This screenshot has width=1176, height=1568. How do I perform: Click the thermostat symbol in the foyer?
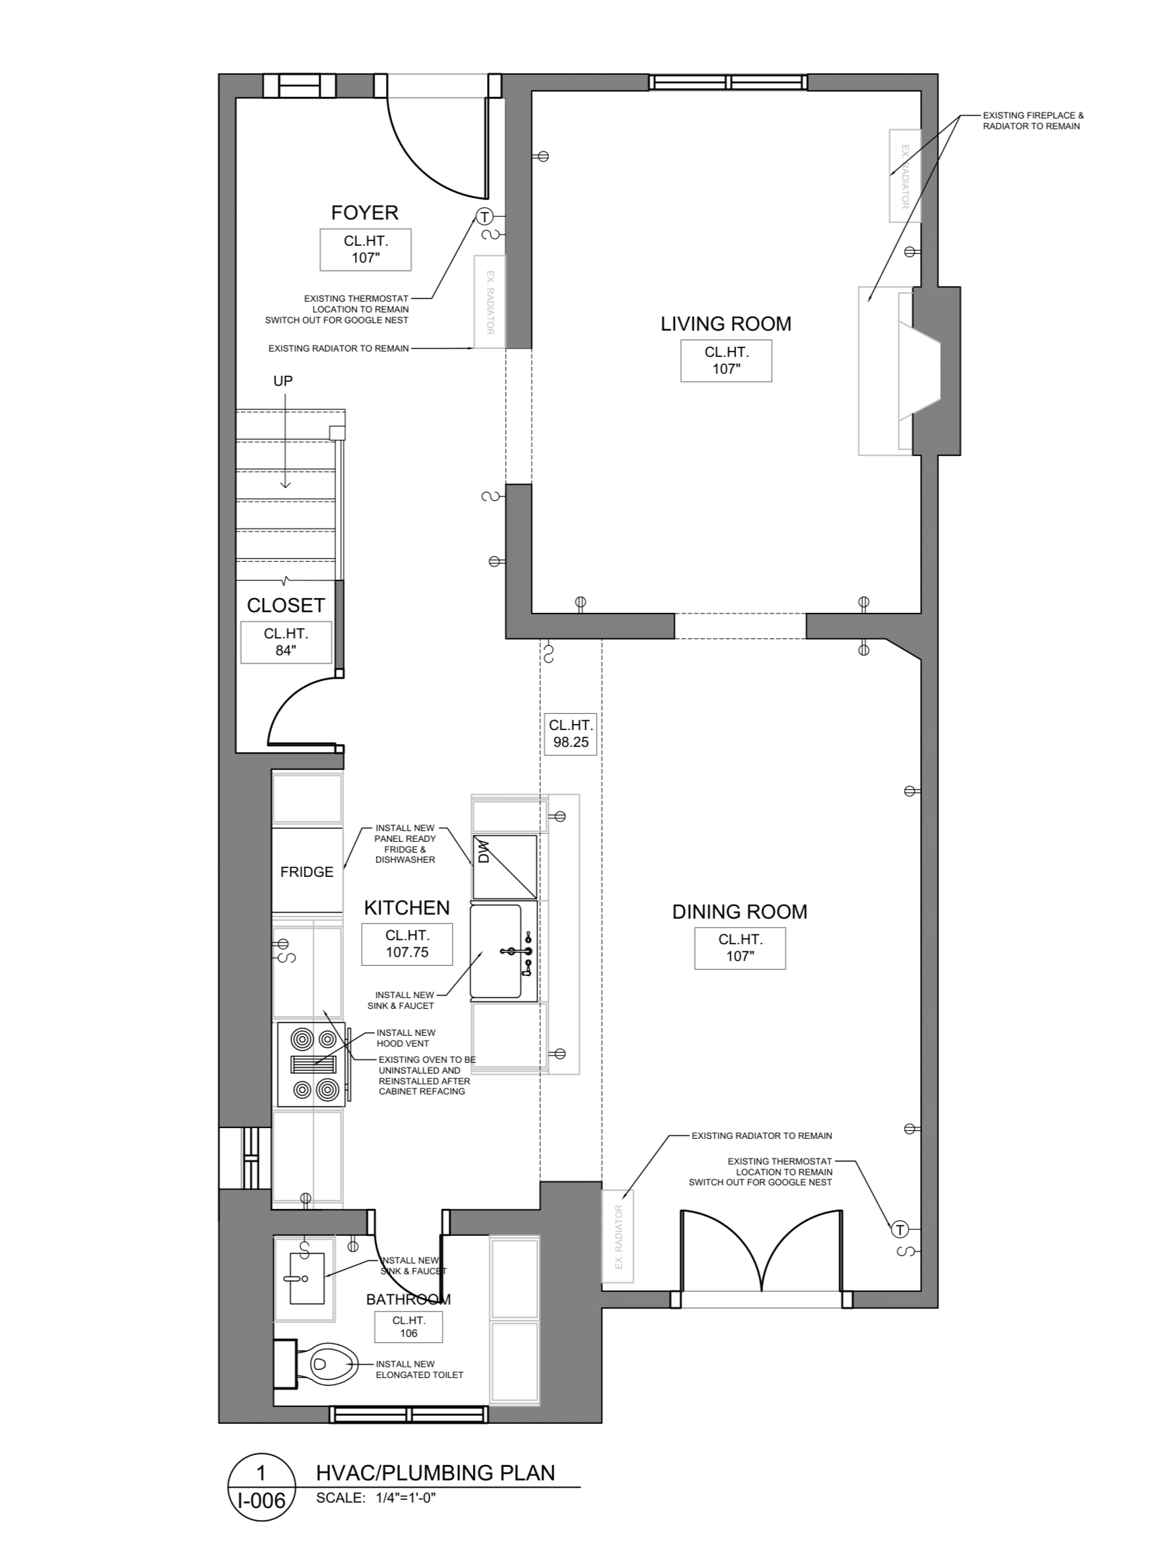point(484,216)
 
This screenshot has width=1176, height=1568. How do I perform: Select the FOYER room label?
point(365,213)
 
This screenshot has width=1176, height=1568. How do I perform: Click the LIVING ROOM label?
point(726,324)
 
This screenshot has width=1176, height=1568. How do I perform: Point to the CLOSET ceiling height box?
point(286,643)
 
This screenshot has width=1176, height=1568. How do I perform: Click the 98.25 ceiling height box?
point(570,734)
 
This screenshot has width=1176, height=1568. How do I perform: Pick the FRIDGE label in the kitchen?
point(306,872)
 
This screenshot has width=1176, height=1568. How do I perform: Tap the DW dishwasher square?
point(504,867)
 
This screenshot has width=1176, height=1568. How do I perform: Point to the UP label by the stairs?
point(283,381)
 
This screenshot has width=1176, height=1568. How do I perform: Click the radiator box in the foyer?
point(490,302)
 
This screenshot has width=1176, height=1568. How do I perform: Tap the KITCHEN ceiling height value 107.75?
point(407,952)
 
